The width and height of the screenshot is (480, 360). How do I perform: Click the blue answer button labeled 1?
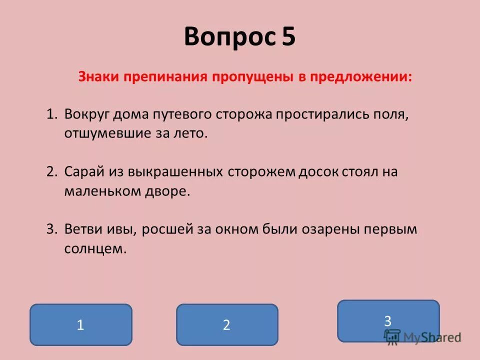pos(81,324)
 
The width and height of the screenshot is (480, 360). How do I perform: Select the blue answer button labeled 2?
pos(227,324)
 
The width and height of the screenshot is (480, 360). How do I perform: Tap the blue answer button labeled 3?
pos(388,320)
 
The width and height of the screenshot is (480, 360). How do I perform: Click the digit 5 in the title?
pos(288,37)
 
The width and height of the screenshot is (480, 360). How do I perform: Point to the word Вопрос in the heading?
pos(229,37)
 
